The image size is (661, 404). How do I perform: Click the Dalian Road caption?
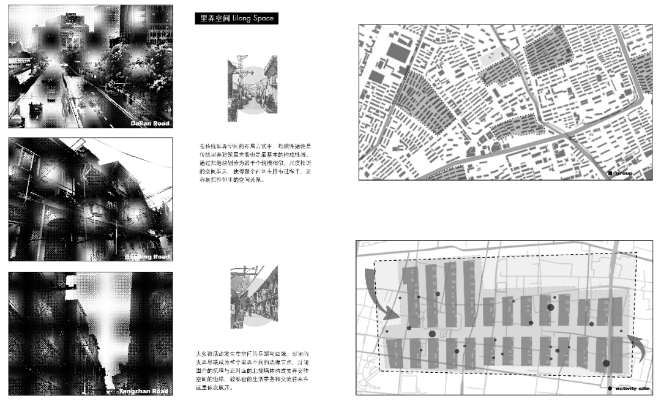pos(150,123)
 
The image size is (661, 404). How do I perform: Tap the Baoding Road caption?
pos(148,256)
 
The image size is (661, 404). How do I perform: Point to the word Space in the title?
pos(263,19)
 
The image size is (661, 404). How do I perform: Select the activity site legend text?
pos(632,389)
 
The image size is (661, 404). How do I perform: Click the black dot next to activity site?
pos(610,389)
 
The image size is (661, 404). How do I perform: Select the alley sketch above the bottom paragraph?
pos(253,298)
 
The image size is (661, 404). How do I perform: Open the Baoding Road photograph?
pos(91,200)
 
